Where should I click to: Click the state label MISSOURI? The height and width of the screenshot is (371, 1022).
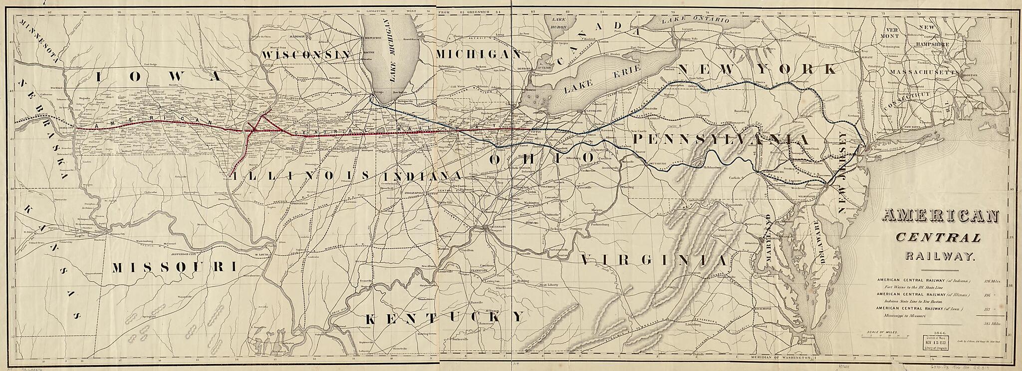click(x=173, y=267)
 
